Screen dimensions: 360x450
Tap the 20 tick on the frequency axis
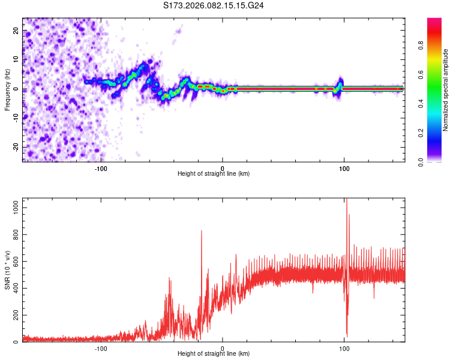pyautogui.click(x=16, y=29)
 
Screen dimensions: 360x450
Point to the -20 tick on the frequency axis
pyautogui.click(x=16, y=147)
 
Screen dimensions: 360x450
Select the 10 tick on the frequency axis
pyautogui.click(x=16, y=59)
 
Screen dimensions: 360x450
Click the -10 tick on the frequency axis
pyautogui.click(x=16, y=118)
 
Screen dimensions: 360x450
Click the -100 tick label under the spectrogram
pyautogui.click(x=101, y=169)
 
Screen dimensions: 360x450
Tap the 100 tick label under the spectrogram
pyautogui.click(x=344, y=169)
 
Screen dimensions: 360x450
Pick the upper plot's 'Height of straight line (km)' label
pyautogui.click(x=214, y=175)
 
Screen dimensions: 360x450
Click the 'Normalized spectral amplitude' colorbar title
pyautogui.click(x=445, y=90)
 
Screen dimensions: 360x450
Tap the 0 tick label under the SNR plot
pyautogui.click(x=223, y=349)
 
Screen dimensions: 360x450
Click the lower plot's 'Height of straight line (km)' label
pyautogui.click(x=214, y=355)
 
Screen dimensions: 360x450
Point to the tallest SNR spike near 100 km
pyautogui.click(x=346, y=201)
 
